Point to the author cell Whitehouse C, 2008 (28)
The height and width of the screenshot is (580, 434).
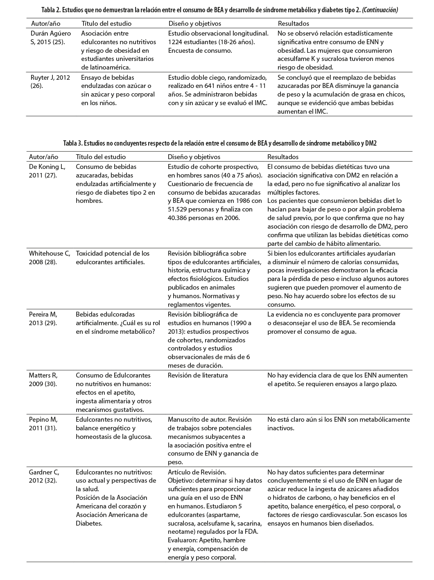[49, 258]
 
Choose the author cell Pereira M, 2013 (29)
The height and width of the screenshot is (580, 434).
[43, 319]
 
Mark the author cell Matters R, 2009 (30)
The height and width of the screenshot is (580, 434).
[43, 380]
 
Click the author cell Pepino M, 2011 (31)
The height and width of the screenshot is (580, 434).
[43, 424]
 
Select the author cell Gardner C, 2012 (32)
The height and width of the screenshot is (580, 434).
[44, 476]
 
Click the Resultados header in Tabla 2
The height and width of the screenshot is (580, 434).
[293, 24]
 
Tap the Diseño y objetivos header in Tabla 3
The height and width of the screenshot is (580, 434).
[194, 157]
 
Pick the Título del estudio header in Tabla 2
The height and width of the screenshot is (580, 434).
[106, 24]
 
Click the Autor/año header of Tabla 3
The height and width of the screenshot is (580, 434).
[43, 157]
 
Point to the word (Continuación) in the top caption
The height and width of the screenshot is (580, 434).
[380, 10]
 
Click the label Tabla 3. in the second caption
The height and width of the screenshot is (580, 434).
[72, 143]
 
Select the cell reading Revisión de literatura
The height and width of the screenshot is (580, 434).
[198, 375]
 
